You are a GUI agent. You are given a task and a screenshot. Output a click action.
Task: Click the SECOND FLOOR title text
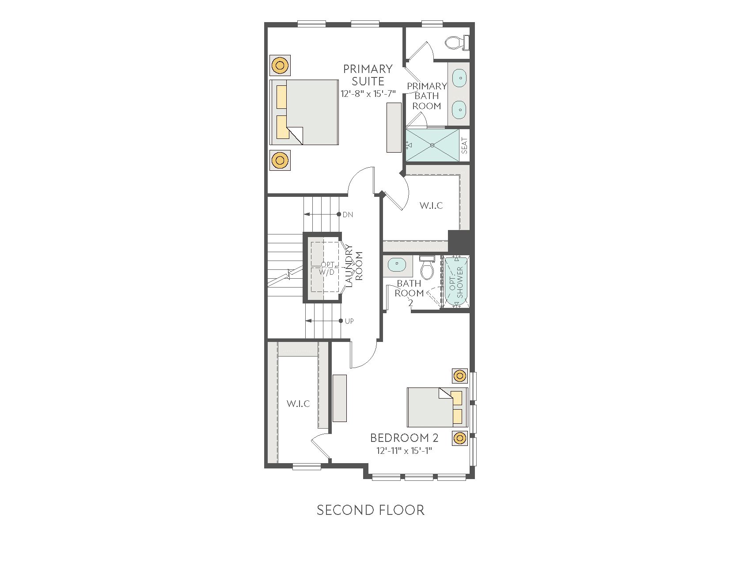(370, 510)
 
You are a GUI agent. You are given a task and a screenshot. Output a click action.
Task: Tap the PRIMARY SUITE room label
(368, 75)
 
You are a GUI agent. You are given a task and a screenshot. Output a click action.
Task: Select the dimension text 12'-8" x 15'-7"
(368, 94)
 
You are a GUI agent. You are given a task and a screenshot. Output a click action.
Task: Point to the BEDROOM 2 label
(404, 438)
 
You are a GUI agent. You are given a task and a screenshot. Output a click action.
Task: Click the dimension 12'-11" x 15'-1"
(404, 451)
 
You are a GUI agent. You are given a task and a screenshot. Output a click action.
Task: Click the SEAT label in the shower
(464, 146)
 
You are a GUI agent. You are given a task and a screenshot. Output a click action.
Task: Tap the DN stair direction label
(348, 215)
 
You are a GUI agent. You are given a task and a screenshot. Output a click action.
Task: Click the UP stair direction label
(349, 321)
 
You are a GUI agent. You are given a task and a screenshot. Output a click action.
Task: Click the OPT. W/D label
(327, 269)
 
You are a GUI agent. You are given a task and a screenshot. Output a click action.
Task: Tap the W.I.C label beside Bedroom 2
(298, 403)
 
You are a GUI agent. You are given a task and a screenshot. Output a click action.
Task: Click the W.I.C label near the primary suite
(431, 205)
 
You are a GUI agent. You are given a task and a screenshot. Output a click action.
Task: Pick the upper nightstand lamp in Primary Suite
(279, 66)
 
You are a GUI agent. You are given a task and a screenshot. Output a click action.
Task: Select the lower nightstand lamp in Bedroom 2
(460, 438)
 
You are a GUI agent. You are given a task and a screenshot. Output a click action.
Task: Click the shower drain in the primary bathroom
(432, 145)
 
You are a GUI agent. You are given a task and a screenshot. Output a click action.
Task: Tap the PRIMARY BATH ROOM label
(427, 96)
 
